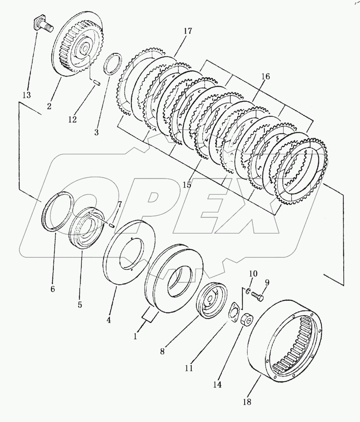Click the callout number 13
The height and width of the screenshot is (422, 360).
(26, 95)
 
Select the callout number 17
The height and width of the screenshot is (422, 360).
(188, 31)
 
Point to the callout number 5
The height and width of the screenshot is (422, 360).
(79, 304)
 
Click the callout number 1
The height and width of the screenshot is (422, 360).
(135, 336)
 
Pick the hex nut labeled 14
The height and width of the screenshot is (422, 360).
(246, 319)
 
